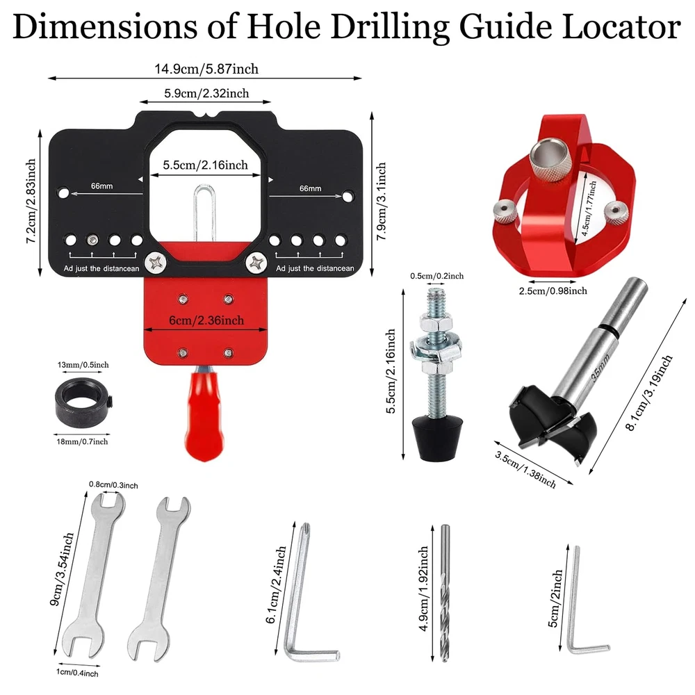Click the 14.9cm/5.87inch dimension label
tap(206, 69)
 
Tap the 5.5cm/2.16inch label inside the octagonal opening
tap(205, 165)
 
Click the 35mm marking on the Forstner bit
tap(600, 368)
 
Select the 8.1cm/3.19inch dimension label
tap(649, 393)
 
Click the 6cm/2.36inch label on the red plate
tap(206, 320)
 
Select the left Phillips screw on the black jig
tap(156, 263)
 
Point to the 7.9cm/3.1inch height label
tap(381, 202)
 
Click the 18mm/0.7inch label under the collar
tap(82, 441)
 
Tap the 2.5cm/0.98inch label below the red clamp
tap(553, 291)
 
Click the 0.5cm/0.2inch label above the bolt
tap(436, 276)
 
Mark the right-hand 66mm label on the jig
tap(310, 188)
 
